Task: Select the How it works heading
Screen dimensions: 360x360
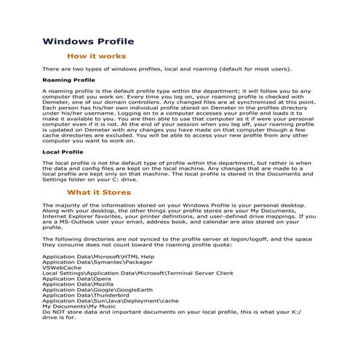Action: [96, 56]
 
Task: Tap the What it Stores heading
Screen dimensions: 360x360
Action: [99, 193]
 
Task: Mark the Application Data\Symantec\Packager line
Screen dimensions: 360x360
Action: [92, 262]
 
